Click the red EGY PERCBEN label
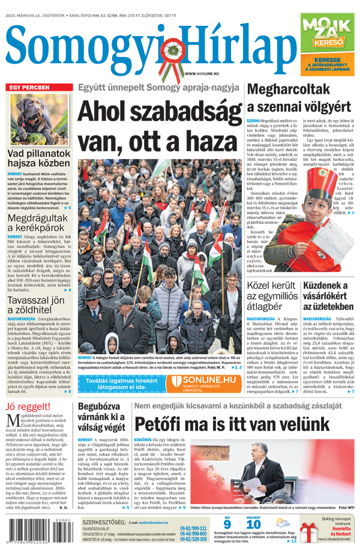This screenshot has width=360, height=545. point(28,88)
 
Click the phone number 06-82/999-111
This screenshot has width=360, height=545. point(193,528)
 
